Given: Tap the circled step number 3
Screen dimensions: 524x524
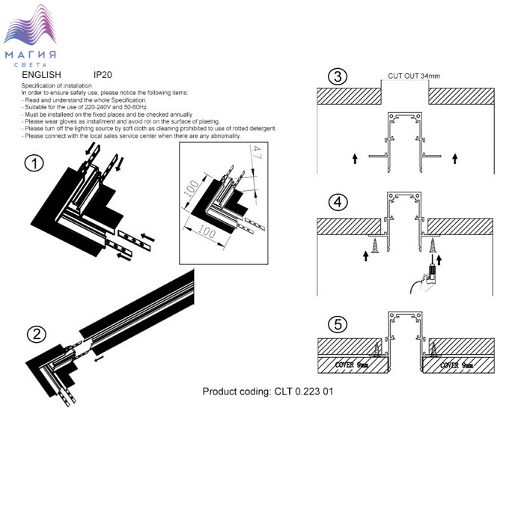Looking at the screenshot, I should pyautogui.click(x=339, y=76).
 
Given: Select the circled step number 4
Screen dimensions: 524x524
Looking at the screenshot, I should pyautogui.click(x=339, y=201).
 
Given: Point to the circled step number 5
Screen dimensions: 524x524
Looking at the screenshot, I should pyautogui.click(x=339, y=325).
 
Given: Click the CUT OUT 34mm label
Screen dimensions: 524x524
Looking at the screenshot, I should pyautogui.click(x=413, y=76).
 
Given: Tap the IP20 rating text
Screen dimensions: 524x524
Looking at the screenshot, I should pyautogui.click(x=103, y=76).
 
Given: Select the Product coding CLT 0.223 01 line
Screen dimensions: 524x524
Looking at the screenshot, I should pyautogui.click(x=267, y=392).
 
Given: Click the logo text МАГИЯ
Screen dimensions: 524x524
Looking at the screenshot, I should pyautogui.click(x=31, y=55).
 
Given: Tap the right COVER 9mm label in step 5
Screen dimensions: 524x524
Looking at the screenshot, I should pyautogui.click(x=456, y=365).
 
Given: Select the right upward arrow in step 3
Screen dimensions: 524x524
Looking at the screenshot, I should pyautogui.click(x=454, y=158).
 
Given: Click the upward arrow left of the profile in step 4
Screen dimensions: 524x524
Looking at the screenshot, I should pyautogui.click(x=365, y=256).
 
